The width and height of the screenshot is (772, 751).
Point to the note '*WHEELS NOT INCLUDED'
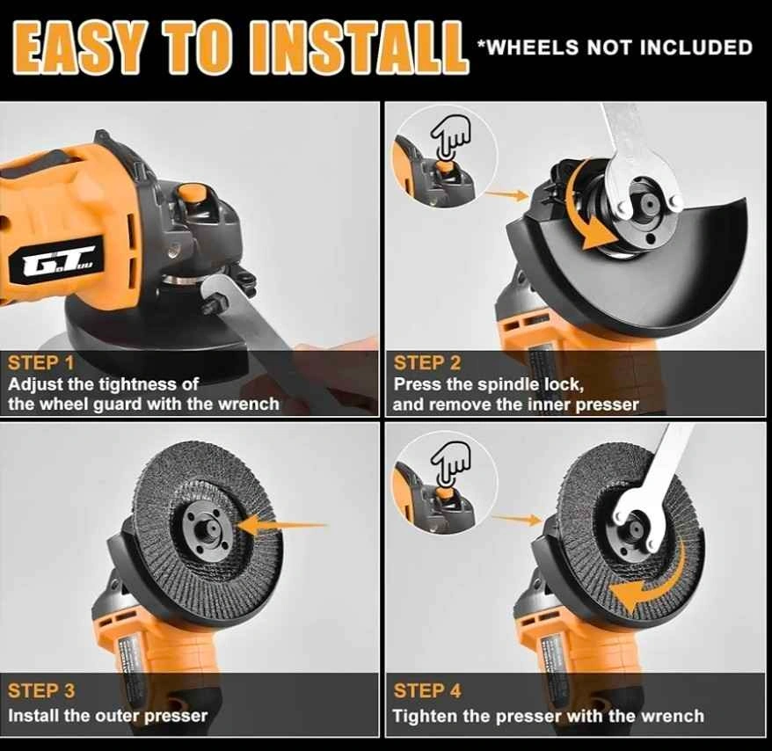(x=615, y=47)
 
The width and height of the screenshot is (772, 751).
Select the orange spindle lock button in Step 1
(x=192, y=193)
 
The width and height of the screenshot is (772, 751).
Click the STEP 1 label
(x=40, y=363)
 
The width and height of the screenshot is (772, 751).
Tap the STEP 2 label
(x=427, y=363)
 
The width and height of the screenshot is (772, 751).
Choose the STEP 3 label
(x=41, y=690)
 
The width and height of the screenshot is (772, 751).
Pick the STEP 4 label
(x=427, y=690)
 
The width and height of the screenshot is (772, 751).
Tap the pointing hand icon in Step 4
(x=450, y=464)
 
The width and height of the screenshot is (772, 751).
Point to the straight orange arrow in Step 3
(x=280, y=526)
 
